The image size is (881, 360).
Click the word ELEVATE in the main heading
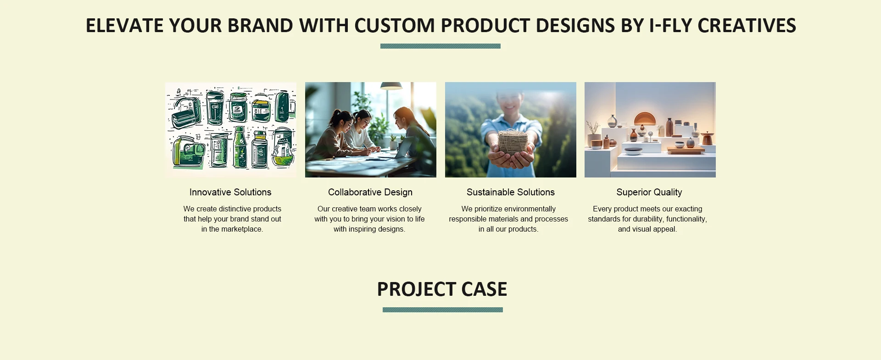[x=124, y=26]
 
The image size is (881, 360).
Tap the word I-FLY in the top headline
[x=670, y=26]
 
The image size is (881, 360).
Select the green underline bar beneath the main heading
[x=440, y=46]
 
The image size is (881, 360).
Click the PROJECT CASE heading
[x=442, y=289]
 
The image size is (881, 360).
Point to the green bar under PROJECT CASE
[x=443, y=310]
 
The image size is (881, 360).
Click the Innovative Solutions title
[x=230, y=192]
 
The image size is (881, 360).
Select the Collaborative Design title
[x=370, y=192]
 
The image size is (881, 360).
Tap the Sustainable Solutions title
[x=511, y=192]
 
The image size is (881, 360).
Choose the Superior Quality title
[x=649, y=192]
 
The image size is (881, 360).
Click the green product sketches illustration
[x=231, y=130]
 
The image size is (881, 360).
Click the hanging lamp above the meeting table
[x=391, y=86]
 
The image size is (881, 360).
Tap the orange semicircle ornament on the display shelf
[x=645, y=119]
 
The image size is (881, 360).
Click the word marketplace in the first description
[x=242, y=229]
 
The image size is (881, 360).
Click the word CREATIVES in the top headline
[x=747, y=26]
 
